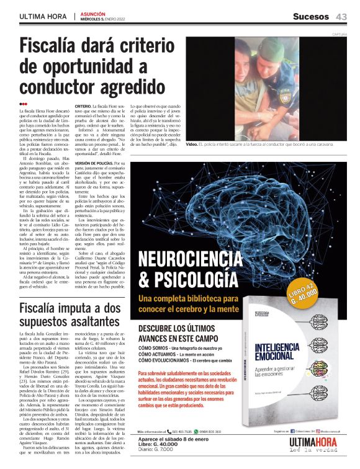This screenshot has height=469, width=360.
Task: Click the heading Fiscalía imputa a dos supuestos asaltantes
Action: [x=70, y=316]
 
